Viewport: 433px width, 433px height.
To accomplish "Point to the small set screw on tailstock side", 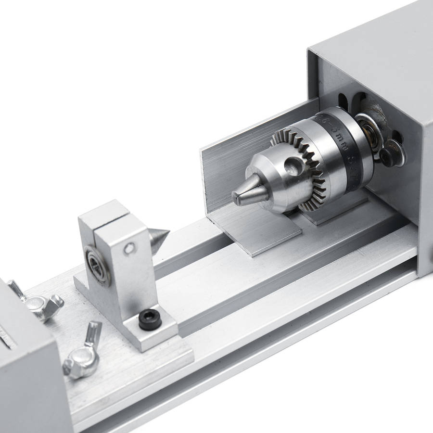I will click(127, 249).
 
